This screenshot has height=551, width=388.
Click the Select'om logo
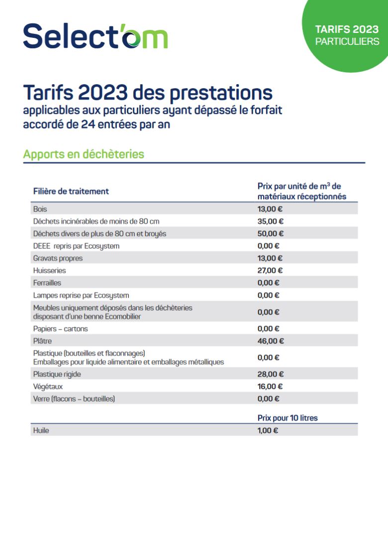(96, 36)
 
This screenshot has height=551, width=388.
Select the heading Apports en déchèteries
(84, 154)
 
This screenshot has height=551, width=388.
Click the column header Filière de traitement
(71, 191)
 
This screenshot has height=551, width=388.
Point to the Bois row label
(40, 209)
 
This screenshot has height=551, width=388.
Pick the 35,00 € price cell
(271, 221)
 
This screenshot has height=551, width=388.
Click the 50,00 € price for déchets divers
(271, 233)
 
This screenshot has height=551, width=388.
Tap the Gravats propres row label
(58, 258)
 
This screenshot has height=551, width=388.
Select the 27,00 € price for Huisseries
(270, 271)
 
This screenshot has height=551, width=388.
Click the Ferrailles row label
(47, 283)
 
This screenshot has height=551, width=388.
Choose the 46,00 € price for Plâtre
(271, 341)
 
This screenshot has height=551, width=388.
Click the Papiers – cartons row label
(60, 329)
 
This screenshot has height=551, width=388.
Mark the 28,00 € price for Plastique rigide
(271, 374)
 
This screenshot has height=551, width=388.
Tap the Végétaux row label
(48, 387)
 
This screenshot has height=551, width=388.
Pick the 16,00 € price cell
(270, 387)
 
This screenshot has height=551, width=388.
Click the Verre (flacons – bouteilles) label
(74, 399)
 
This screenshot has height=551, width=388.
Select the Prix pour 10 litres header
(288, 418)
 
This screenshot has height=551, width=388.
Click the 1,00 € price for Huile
(268, 431)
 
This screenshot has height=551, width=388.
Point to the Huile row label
(41, 431)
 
